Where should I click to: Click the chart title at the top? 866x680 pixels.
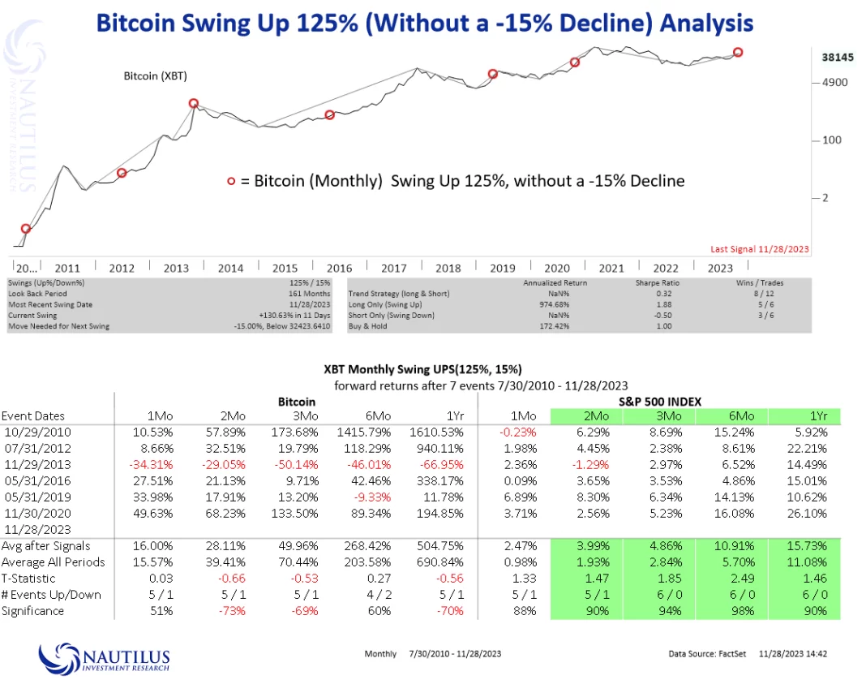(x=424, y=22)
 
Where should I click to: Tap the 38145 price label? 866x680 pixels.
(x=830, y=58)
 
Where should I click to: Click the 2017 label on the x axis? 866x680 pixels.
(x=393, y=268)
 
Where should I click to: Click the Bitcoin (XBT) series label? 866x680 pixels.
(x=152, y=75)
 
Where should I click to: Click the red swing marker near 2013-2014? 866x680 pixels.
(x=194, y=104)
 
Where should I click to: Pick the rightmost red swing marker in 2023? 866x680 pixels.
(x=738, y=52)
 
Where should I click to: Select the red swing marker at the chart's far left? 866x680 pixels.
(x=26, y=229)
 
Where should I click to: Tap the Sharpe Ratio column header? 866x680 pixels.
(x=656, y=283)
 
